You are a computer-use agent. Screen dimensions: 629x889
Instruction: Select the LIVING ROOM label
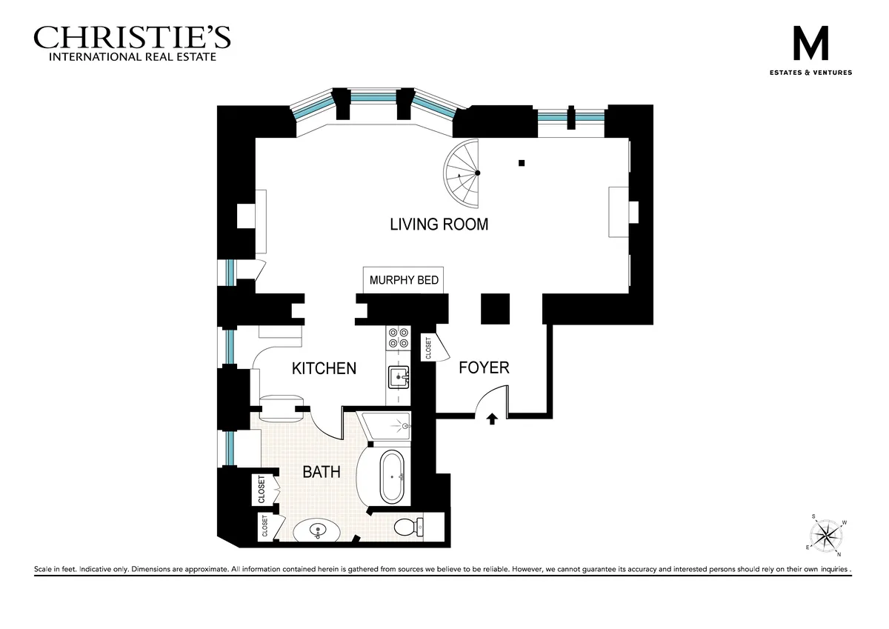tap(439, 224)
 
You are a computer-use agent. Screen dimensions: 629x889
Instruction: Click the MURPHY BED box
tap(404, 281)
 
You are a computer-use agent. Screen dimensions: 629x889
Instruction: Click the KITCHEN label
tap(324, 368)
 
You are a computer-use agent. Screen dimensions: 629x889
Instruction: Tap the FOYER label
tap(484, 367)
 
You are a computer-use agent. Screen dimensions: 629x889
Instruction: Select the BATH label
tap(322, 471)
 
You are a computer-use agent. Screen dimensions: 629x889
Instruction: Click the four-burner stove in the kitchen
tap(398, 337)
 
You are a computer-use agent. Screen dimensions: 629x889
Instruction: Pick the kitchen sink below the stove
tap(398, 377)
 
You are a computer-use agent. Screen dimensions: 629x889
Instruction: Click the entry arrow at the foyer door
tap(491, 419)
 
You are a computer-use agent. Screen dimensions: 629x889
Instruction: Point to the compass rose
tap(826, 532)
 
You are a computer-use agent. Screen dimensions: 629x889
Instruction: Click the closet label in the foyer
tap(428, 348)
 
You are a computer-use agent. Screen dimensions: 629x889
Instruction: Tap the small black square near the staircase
tap(522, 163)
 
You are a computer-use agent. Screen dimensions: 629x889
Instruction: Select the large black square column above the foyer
tap(495, 308)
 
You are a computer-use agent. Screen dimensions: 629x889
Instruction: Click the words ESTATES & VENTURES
tap(810, 73)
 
